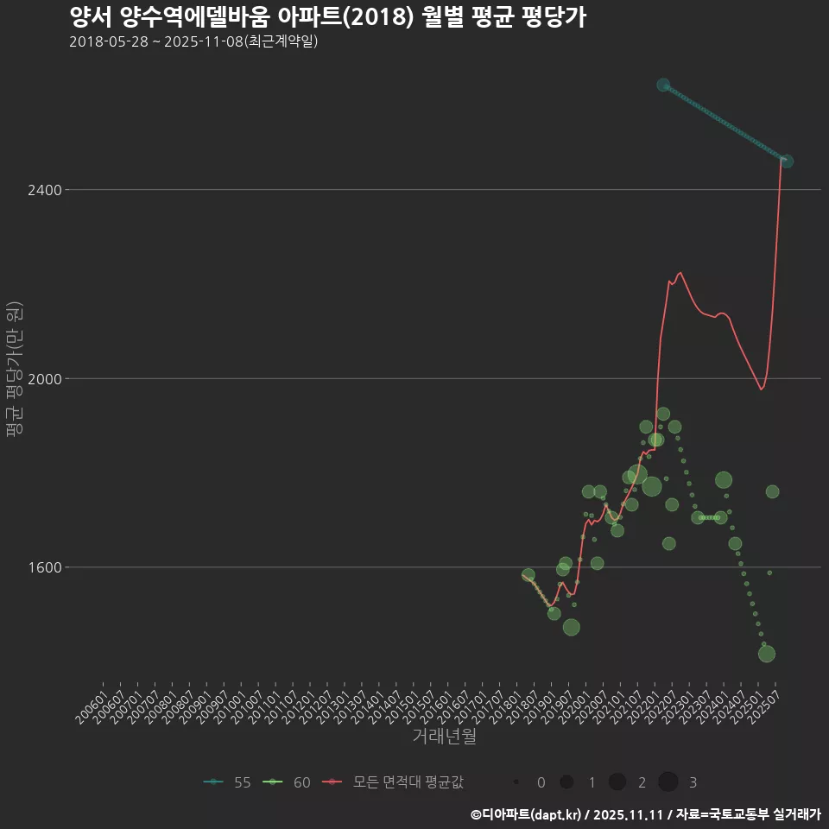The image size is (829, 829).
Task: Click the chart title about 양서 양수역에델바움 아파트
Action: pos(327,17)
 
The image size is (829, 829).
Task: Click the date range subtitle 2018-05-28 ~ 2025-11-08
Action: pos(193,41)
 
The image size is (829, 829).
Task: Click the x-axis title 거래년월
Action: pos(444,736)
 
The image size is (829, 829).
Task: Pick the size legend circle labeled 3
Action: pos(668,782)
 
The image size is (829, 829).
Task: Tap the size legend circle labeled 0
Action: pos(516,782)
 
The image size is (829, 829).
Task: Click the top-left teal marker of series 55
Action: pos(663,85)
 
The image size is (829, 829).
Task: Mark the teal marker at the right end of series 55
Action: pos(786,161)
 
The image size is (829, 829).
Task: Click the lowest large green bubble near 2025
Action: pos(766,654)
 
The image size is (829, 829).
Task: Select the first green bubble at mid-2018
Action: pos(528,575)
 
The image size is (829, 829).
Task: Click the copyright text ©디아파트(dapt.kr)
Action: pos(527,814)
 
